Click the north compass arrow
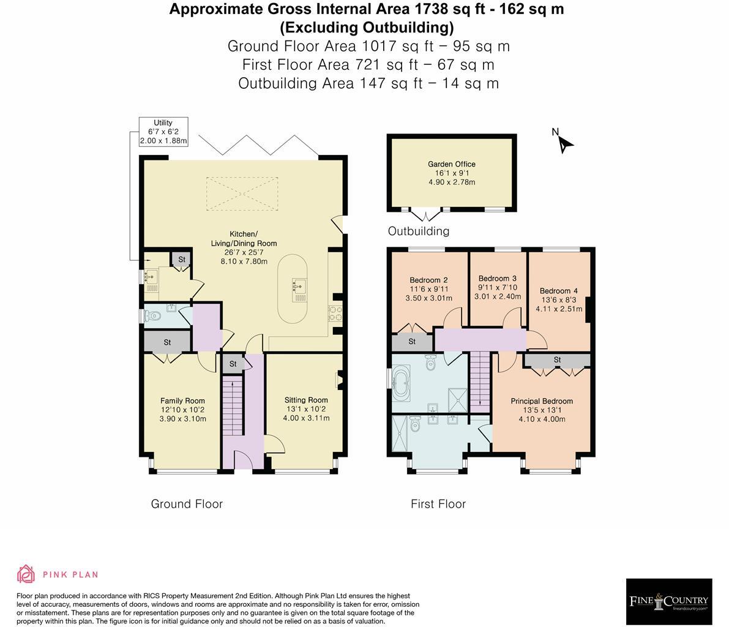click(x=564, y=143)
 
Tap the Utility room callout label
click(x=163, y=132)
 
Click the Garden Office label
click(x=451, y=164)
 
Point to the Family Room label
click(x=182, y=401)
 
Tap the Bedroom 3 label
click(x=498, y=279)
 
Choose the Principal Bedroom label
click(x=542, y=402)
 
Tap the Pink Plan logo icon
click(x=26, y=574)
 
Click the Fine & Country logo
click(x=668, y=601)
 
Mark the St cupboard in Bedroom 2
click(x=412, y=342)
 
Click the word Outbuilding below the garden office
click(x=419, y=231)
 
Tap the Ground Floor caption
click(x=187, y=504)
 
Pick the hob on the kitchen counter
click(x=336, y=313)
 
